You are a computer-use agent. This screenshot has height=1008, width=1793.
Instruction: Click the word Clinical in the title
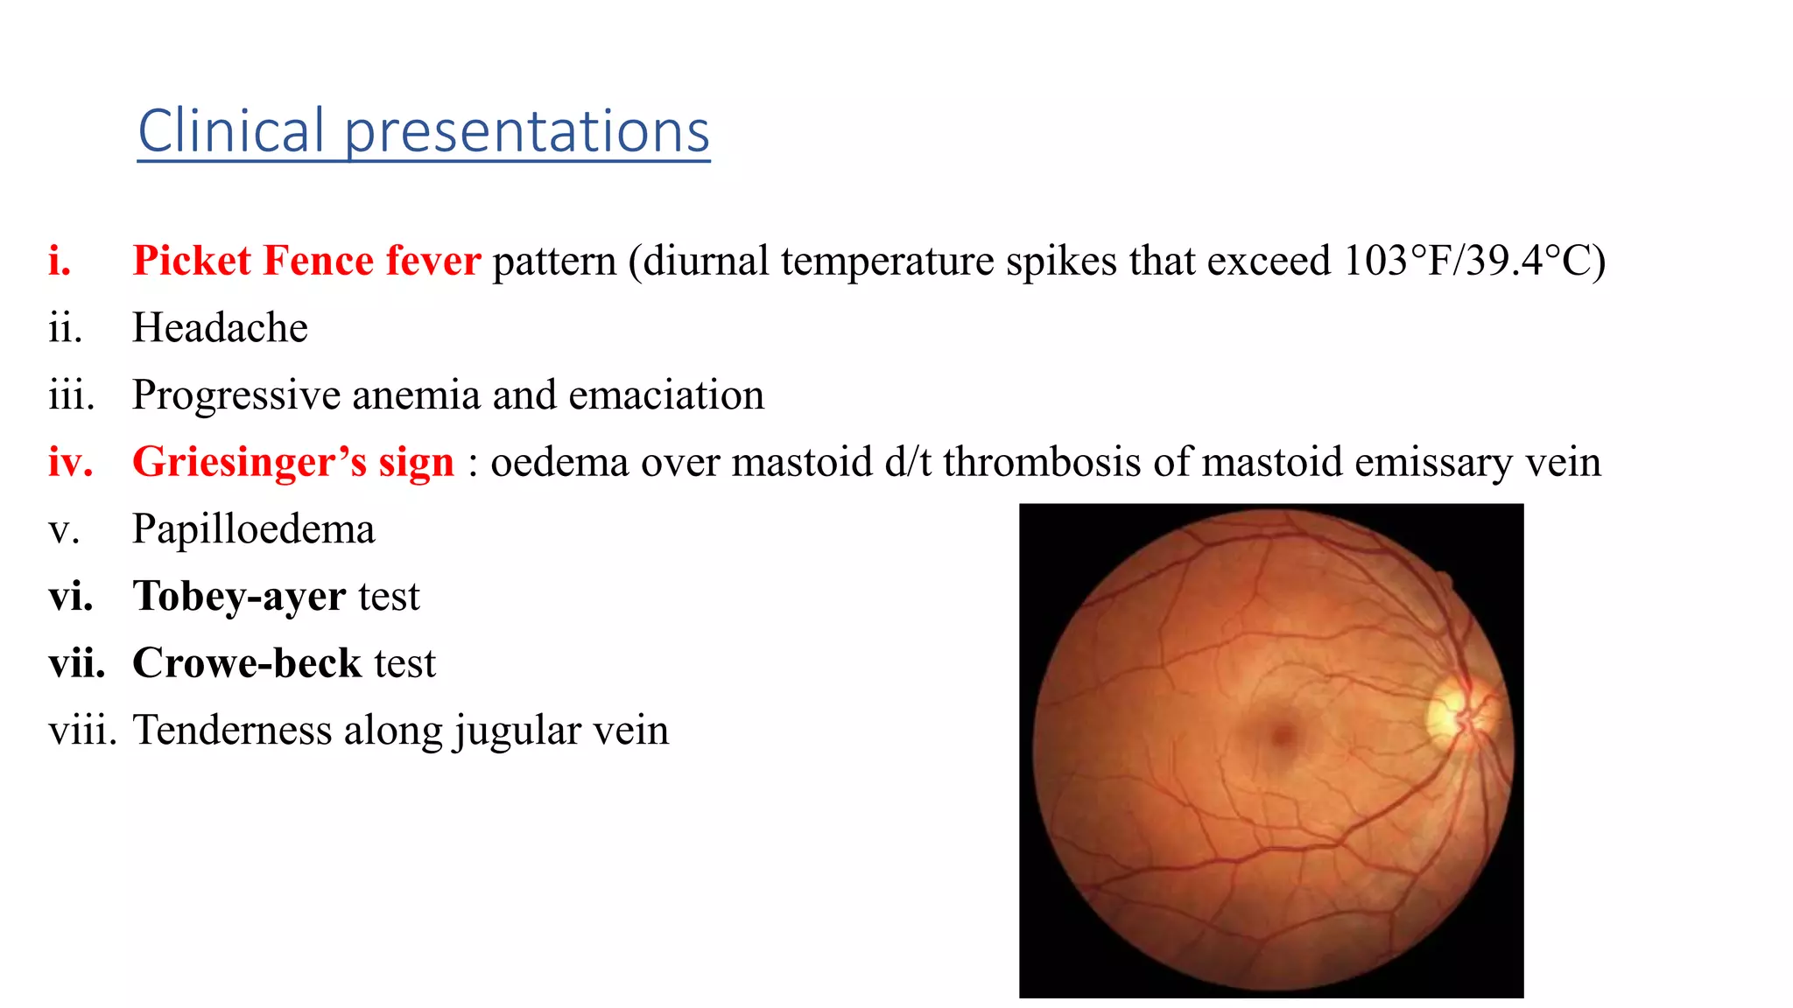click(x=231, y=131)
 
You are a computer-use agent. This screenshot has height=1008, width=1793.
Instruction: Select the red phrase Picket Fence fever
click(x=306, y=261)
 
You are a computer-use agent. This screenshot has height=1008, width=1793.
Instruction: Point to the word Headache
click(x=220, y=328)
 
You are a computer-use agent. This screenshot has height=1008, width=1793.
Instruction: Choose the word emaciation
click(x=666, y=395)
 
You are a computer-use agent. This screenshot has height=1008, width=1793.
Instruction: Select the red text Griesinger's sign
click(x=293, y=462)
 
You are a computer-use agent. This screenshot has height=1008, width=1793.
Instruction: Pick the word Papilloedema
click(x=254, y=529)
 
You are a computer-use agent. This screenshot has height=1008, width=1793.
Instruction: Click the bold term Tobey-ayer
click(x=239, y=597)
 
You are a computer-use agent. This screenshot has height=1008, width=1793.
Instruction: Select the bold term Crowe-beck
click(x=247, y=663)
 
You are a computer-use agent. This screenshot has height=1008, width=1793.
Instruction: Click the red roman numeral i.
click(x=60, y=261)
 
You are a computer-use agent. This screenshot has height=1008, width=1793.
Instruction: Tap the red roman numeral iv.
click(x=70, y=462)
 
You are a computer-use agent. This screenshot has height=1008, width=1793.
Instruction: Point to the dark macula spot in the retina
click(x=1283, y=735)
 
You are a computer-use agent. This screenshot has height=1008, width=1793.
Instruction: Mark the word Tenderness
click(x=231, y=731)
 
